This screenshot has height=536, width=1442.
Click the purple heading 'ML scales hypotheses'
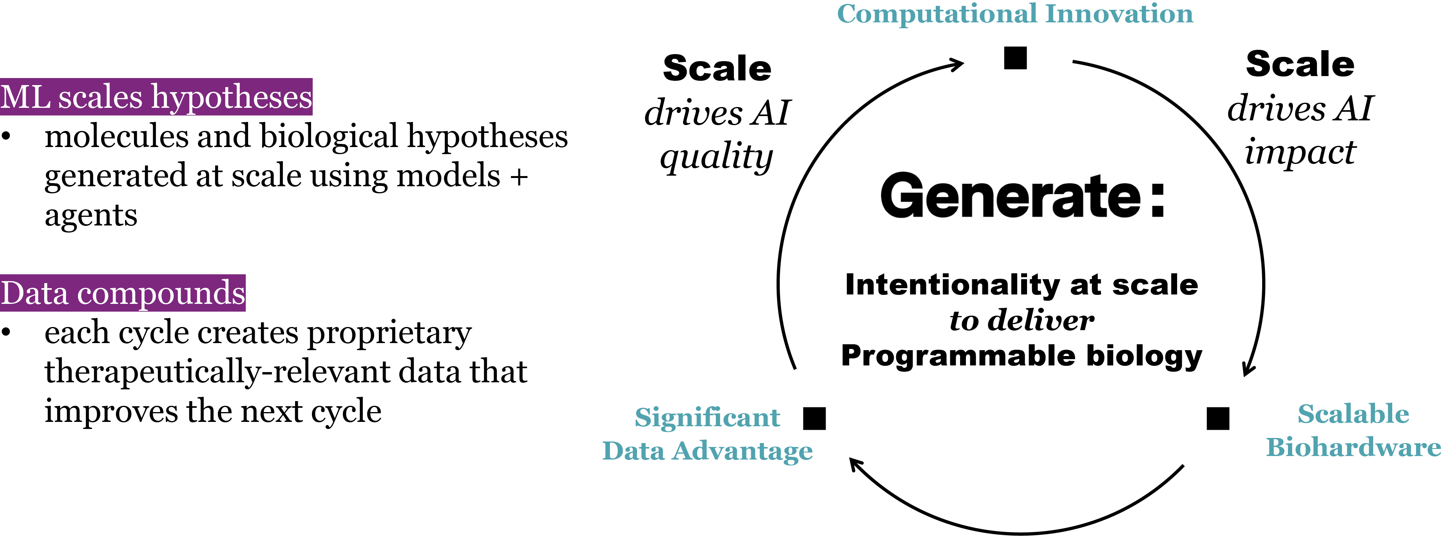pyautogui.click(x=156, y=97)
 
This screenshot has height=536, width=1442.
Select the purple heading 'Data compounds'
pyautogui.click(x=123, y=293)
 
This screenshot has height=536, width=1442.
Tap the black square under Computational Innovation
pyautogui.click(x=1015, y=58)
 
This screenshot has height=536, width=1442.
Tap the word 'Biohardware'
pyautogui.click(x=1353, y=447)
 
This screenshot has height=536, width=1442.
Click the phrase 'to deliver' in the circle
pyautogui.click(x=1022, y=320)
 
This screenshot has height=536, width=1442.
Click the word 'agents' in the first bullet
pyautogui.click(x=91, y=216)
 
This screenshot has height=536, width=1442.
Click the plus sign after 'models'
pyautogui.click(x=519, y=176)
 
